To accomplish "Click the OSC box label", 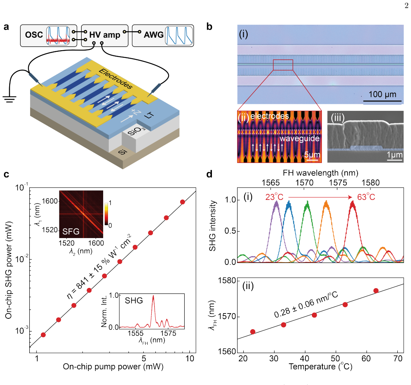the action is [x=34, y=35].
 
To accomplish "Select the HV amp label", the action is [x=105, y=35].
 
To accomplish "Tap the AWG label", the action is [x=154, y=35].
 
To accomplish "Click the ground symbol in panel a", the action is [x=10, y=99].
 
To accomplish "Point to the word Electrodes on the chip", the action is [x=116, y=79].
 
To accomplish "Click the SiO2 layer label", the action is [x=136, y=130].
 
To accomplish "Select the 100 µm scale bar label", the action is [x=383, y=94].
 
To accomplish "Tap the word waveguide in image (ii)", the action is [x=299, y=139].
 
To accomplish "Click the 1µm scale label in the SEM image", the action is [x=395, y=155].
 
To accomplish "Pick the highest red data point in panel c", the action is [x=183, y=202].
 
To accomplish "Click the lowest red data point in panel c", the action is [x=43, y=335].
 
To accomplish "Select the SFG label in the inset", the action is [x=71, y=232].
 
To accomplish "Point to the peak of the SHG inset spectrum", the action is [x=153, y=296].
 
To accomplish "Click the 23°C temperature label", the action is [x=274, y=197].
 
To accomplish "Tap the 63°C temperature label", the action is [x=366, y=197].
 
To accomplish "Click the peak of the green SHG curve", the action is [x=307, y=202].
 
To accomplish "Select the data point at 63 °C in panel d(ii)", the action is [x=376, y=291].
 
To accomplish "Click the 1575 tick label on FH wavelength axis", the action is [x=338, y=183].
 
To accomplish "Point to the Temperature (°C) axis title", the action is [x=320, y=367].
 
